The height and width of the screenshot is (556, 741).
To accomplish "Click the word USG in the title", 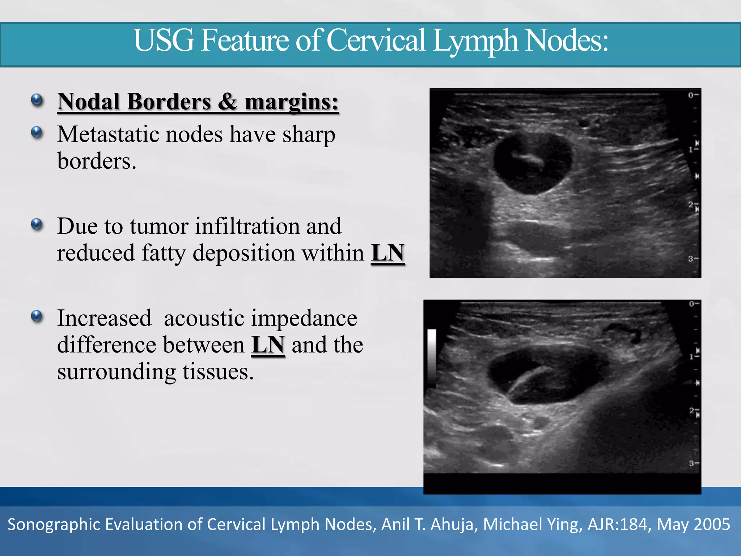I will coord(164,41).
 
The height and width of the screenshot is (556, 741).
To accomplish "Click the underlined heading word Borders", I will coord(169,102).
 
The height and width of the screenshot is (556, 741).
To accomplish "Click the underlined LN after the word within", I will coord(388,253).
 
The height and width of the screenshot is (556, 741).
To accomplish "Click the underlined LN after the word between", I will coord(268,345).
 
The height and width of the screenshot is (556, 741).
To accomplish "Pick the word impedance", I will coord(304,318).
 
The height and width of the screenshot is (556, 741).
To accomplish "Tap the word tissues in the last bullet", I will coord(218,372).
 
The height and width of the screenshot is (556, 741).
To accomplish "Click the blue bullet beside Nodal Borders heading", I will coord(37,100).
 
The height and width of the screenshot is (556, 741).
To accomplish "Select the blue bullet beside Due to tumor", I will coord(37,224).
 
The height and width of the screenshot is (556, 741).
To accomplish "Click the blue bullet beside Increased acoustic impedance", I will coord(37,316).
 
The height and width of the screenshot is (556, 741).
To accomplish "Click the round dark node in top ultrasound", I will coord(532,165).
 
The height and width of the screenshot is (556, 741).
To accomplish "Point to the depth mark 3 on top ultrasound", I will coord(691,259).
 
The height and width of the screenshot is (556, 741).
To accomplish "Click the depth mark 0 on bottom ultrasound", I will coord(692,304).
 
